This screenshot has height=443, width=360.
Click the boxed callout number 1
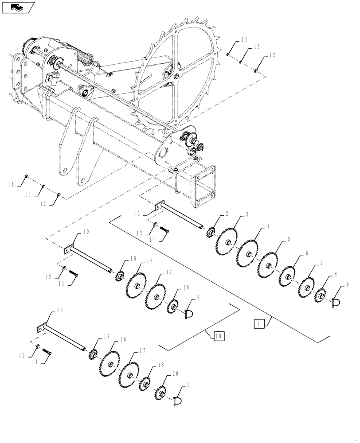[x=259, y=324]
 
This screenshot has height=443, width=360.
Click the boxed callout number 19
[x=218, y=337]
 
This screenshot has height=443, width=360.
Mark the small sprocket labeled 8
[x=320, y=295]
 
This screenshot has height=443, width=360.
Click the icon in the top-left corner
[x=18, y=8]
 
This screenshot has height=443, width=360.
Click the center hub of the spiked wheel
[x=177, y=77]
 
